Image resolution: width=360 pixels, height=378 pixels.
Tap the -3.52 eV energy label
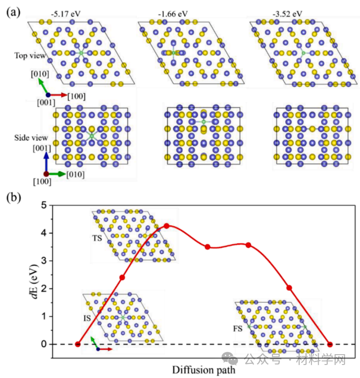coord(284,14)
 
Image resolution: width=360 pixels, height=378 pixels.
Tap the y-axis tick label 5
coord(44,205)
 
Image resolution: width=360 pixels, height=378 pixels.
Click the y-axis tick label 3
coord(44,261)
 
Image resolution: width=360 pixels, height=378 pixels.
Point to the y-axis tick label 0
coord(44,344)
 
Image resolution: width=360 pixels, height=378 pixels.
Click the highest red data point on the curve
coord(167,226)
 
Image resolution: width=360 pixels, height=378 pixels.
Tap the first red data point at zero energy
coord(78,344)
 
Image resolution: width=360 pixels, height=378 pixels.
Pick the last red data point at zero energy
coord(330,344)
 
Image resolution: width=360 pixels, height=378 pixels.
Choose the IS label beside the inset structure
coord(87,318)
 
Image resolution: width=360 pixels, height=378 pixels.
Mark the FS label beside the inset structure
coord(238,329)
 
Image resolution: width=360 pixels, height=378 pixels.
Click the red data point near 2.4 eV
coord(122,277)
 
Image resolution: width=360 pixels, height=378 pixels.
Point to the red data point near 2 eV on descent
coord(289,288)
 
